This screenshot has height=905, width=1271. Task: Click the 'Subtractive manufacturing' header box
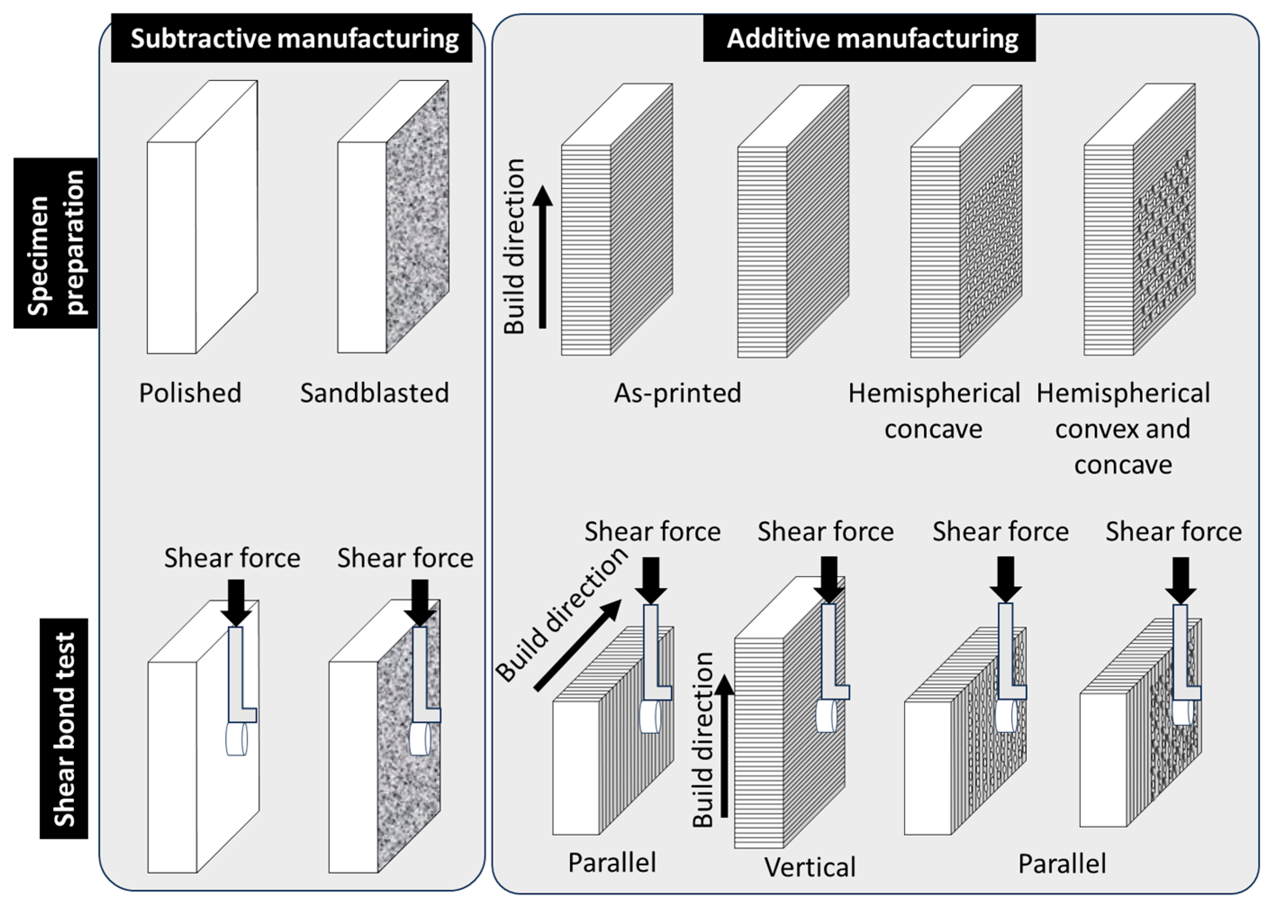click(x=292, y=38)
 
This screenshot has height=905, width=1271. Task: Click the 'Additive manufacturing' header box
click(x=869, y=38)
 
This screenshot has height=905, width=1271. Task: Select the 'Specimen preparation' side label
click(x=55, y=243)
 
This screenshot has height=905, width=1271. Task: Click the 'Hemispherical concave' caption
click(x=934, y=411)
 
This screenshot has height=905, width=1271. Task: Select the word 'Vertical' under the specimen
click(x=809, y=867)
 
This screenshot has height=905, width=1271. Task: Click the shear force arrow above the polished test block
click(x=236, y=602)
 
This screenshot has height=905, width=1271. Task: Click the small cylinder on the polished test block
click(x=236, y=739)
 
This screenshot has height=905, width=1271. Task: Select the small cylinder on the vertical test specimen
click(x=826, y=716)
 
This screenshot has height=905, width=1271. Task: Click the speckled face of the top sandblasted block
click(x=417, y=217)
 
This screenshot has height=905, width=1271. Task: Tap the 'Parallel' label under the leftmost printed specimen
click(x=612, y=863)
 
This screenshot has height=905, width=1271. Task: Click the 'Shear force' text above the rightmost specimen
click(x=1173, y=532)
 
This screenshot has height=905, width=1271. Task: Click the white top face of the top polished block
click(x=203, y=112)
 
